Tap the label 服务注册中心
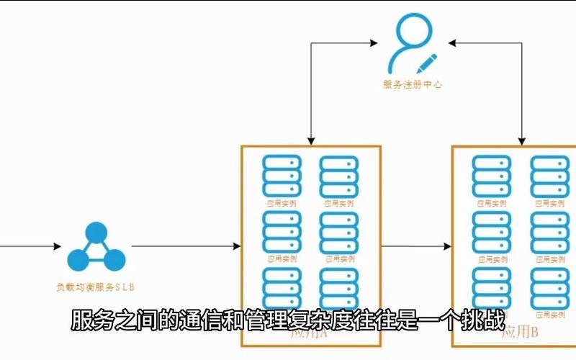(x=413, y=84)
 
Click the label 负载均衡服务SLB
(x=96, y=287)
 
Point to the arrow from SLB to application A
(x=186, y=247)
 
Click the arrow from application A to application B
(x=416, y=247)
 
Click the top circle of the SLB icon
(x=96, y=233)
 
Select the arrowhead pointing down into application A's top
(x=310, y=140)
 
